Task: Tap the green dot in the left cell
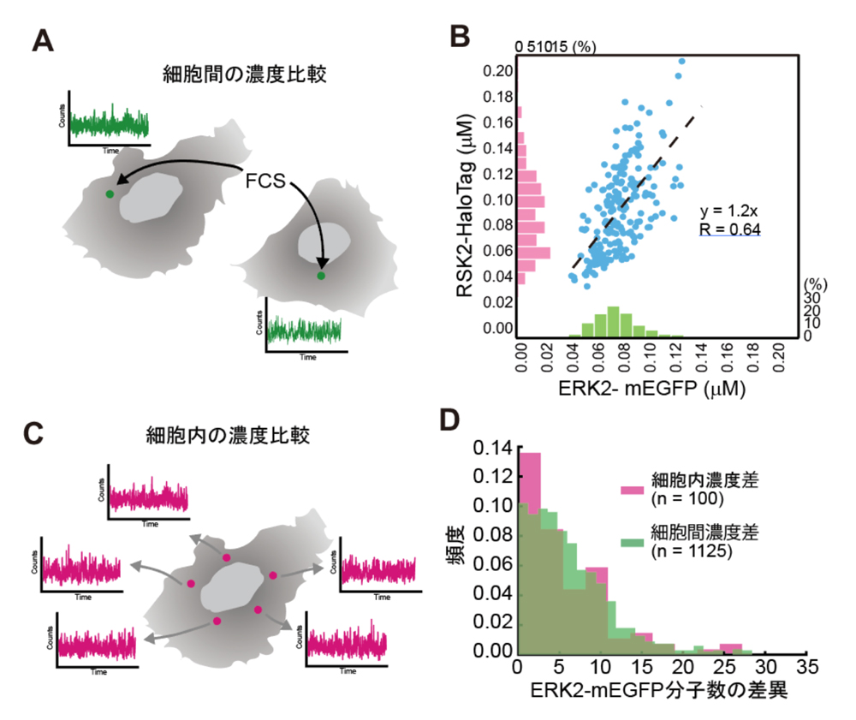109,194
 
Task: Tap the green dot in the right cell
321,276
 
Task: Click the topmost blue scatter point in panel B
681,61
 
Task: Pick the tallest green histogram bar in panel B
613,321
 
